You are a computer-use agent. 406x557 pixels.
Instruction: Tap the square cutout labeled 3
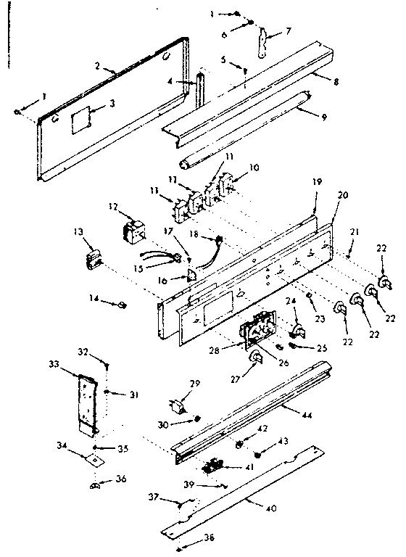click(x=82, y=117)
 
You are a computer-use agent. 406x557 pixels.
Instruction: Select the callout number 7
click(x=289, y=30)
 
